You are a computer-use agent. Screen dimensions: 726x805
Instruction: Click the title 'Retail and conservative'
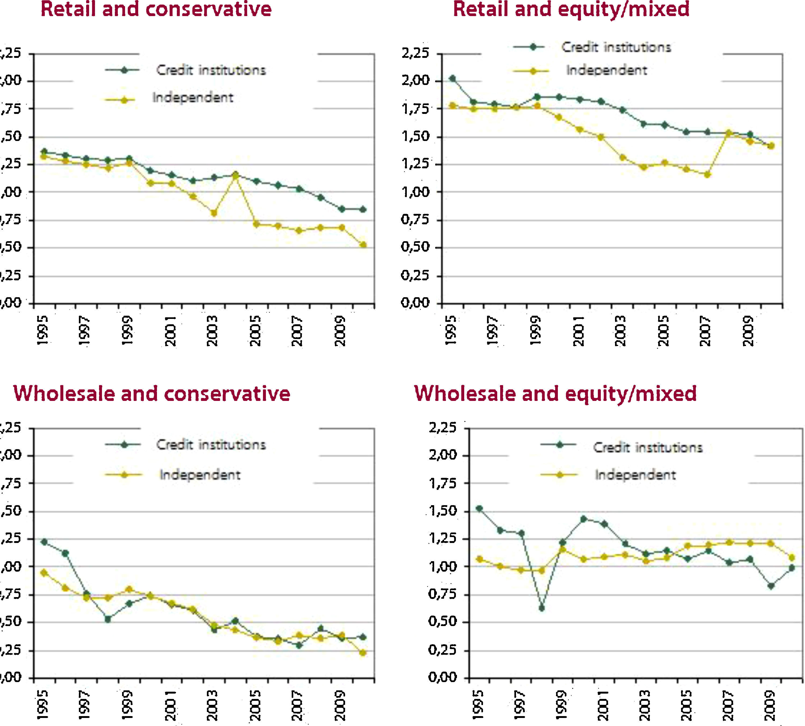[156, 10]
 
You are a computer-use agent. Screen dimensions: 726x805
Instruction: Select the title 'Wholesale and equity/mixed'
[555, 394]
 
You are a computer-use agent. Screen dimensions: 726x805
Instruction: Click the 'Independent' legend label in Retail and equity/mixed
[606, 70]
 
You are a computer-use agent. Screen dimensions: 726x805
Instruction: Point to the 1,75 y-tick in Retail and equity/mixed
[415, 109]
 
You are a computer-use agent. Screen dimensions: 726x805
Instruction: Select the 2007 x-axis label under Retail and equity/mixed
[705, 331]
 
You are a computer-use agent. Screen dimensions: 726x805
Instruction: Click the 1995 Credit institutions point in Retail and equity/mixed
[452, 79]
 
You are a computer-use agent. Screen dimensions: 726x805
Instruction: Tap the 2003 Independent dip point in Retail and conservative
[214, 213]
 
